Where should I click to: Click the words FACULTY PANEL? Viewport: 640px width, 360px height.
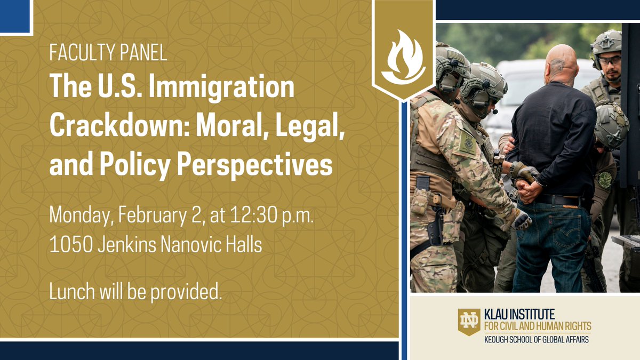click(108, 53)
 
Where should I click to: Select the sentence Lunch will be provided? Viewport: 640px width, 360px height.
click(135, 291)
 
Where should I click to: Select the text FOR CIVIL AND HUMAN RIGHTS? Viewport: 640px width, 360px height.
click(537, 326)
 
